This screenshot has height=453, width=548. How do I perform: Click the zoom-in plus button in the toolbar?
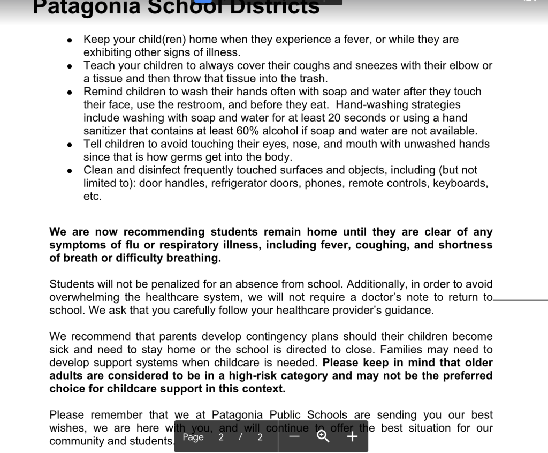click(x=352, y=436)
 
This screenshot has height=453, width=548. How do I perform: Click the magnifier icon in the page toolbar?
click(x=323, y=436)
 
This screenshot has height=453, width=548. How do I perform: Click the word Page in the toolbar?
click(x=193, y=437)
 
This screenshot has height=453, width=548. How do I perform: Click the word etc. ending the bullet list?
click(x=92, y=197)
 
